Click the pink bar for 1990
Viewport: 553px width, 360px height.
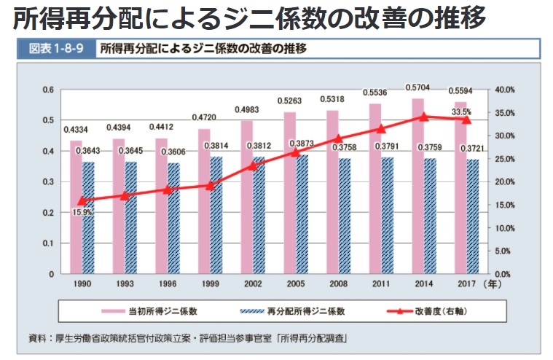pyautogui.click(x=76, y=208)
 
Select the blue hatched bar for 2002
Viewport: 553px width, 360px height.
pyautogui.click(x=259, y=215)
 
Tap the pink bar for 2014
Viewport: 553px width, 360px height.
pyautogui.click(x=417, y=186)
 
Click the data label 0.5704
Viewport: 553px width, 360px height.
pyautogui.click(x=417, y=87)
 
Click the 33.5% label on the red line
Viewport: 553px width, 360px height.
pyautogui.click(x=462, y=112)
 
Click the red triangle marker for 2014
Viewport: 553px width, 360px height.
pyautogui.click(x=424, y=117)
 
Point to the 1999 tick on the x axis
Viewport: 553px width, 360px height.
pyautogui.click(x=210, y=283)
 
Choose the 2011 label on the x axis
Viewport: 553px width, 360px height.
pyautogui.click(x=381, y=283)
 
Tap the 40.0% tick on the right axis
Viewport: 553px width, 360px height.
pyautogui.click(x=505, y=90)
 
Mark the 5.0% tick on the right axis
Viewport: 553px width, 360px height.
pyautogui.click(x=505, y=251)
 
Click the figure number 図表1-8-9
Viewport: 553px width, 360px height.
pyautogui.click(x=54, y=50)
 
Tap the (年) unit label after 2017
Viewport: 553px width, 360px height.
pyautogui.click(x=495, y=283)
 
